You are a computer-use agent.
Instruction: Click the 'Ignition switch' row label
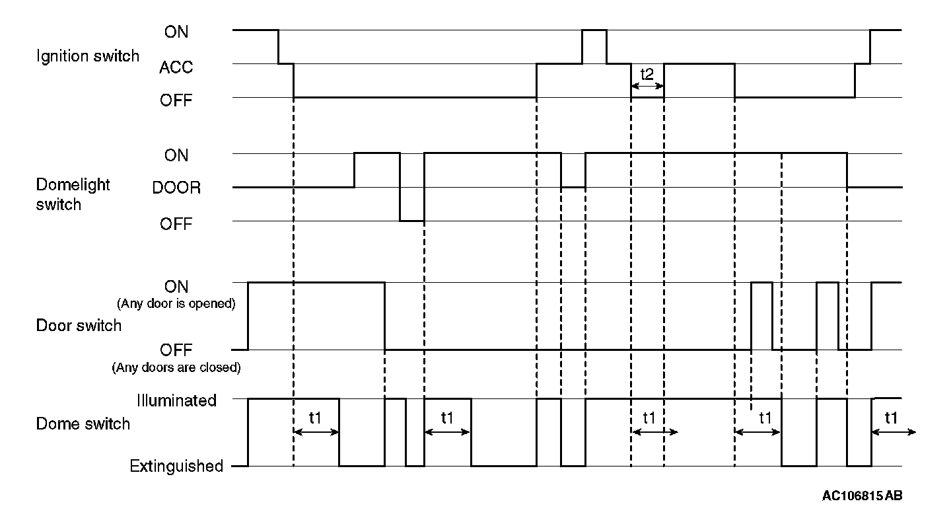pos(87,56)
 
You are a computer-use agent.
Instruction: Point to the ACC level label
pos(176,67)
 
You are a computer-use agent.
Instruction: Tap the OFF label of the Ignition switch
pos(176,101)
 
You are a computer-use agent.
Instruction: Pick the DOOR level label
pos(176,188)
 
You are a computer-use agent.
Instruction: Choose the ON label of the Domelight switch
pos(176,155)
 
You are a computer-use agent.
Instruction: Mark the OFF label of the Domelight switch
pos(176,225)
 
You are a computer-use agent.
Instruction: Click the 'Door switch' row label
pos(78,325)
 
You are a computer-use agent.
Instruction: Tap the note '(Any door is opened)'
pos(176,304)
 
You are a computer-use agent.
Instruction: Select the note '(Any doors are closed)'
pos(175,367)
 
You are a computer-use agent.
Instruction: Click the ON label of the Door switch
pos(176,287)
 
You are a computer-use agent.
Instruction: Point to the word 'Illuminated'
pos(176,400)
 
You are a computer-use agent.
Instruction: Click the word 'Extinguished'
pos(176,466)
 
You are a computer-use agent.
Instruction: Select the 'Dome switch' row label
pos(83,424)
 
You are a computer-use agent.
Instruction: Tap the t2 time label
pos(647,73)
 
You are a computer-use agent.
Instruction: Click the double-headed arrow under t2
pos(647,86)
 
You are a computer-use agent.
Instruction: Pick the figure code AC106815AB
pos(862,496)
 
